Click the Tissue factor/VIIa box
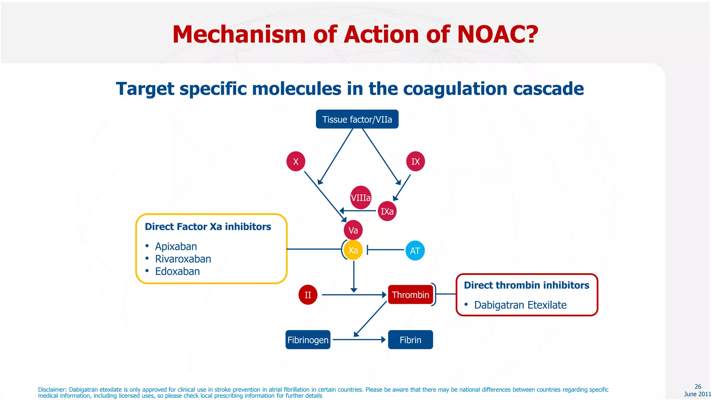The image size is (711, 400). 357,119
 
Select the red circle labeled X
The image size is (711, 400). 296,161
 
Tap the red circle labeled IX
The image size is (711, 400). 416,161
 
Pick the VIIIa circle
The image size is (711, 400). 361,198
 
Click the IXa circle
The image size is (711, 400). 387,211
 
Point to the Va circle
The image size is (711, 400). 353,230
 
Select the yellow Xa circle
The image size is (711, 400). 353,250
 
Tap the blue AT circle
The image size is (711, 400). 415,251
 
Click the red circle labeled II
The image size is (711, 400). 308,295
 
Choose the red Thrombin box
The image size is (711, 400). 410,295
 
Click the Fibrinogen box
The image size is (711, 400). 308,340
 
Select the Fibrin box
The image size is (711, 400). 410,340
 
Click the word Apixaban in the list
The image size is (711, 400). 176,247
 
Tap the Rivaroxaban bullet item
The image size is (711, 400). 183,259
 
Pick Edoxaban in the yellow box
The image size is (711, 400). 177,272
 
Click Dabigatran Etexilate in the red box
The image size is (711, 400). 520,305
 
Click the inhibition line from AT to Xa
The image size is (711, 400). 385,250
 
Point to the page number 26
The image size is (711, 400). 697,386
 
